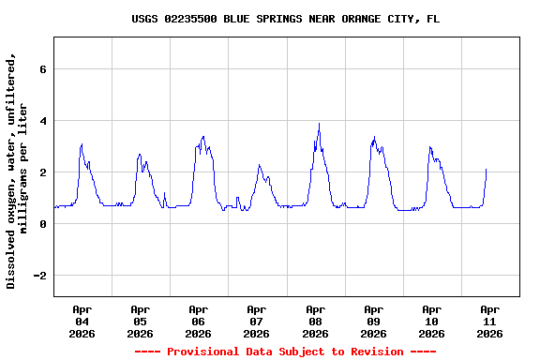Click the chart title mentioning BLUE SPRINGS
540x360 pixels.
pos(285,19)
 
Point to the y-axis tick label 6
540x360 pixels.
pos(42,69)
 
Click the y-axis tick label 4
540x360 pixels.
pos(42,121)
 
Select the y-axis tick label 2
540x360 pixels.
pos(42,172)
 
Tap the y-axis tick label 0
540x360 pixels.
pos(42,224)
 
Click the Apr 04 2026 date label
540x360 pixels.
pos(82,321)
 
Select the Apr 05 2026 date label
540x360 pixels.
pos(140,321)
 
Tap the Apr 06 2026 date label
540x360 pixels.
pos(198,321)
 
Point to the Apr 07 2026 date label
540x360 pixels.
pos(256,321)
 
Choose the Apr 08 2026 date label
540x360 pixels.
pos(315,321)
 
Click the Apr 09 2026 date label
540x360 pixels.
pos(373,321)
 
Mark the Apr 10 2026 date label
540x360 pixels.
pos(431,321)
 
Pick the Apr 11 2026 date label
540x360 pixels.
pos(489,321)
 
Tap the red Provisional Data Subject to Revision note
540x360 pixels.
pos(285,352)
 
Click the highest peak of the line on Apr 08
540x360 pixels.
pos(319,124)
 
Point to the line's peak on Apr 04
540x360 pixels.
pos(82,144)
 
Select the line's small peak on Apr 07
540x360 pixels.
pos(260,165)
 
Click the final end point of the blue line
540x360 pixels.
pos(487,170)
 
